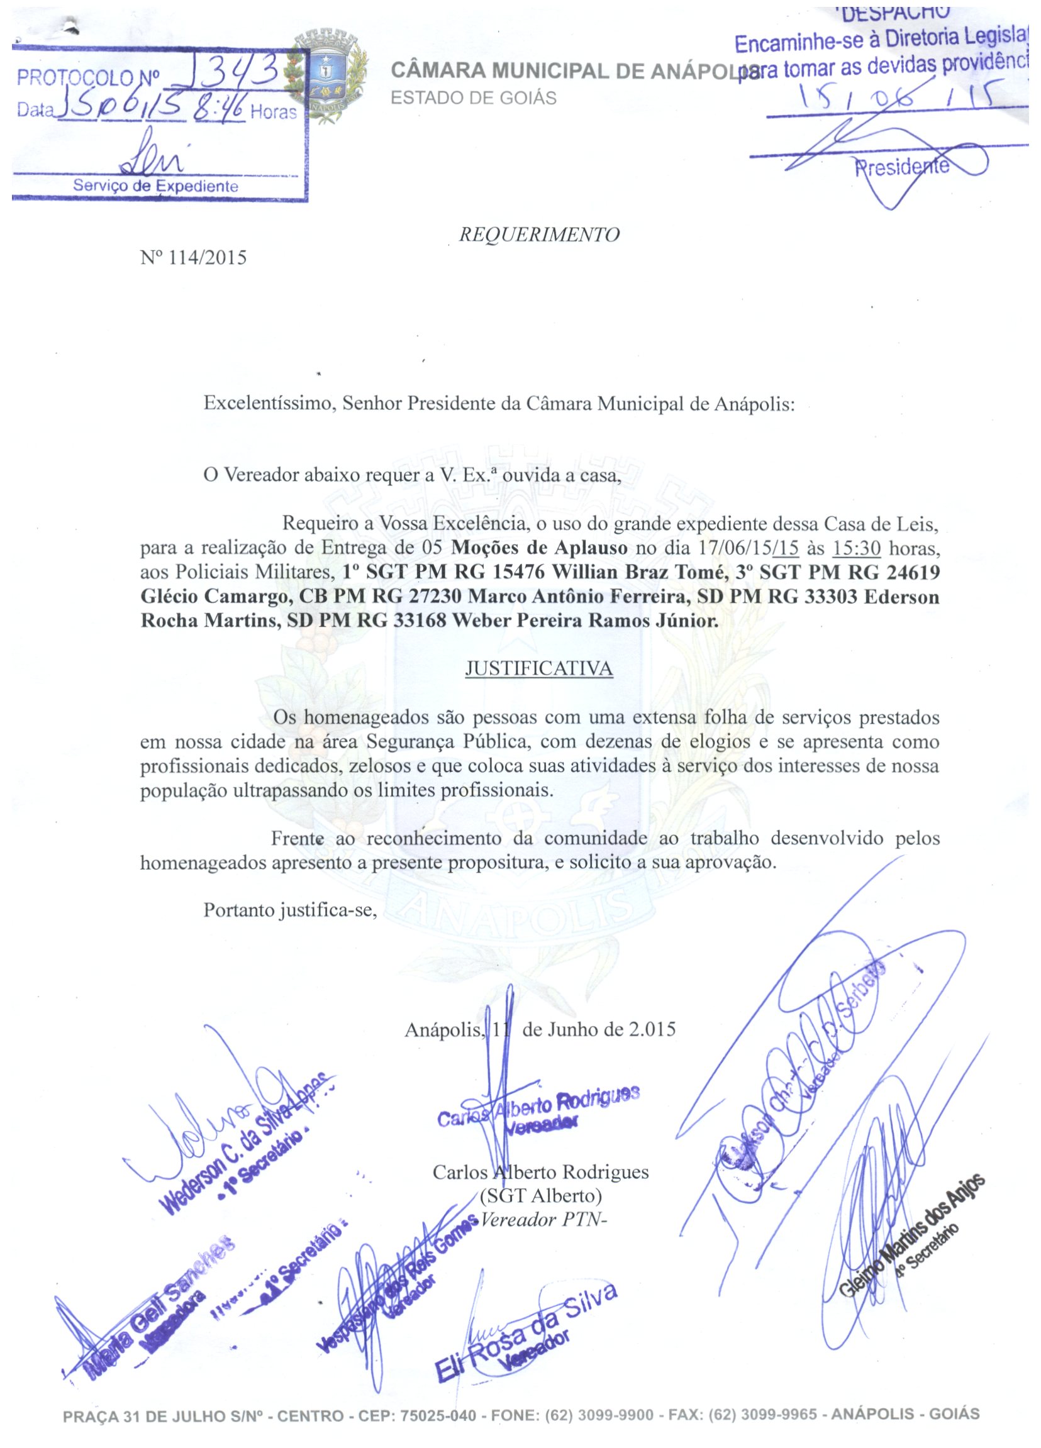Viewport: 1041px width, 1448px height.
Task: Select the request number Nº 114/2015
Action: tap(193, 258)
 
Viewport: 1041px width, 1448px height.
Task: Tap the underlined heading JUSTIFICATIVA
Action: tap(538, 668)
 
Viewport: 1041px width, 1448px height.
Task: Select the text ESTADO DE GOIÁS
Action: tap(473, 98)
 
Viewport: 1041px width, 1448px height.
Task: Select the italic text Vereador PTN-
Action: tap(543, 1219)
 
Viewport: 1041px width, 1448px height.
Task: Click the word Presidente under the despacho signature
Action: tap(902, 167)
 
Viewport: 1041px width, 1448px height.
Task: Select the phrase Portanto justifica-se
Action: tap(290, 910)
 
